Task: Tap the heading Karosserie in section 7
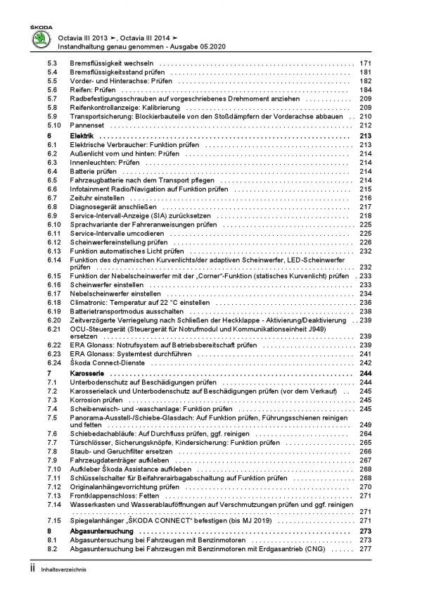coord(88,372)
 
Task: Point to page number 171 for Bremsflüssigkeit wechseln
coord(364,63)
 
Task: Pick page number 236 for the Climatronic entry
coord(364,301)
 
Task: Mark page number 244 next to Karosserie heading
coord(364,372)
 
